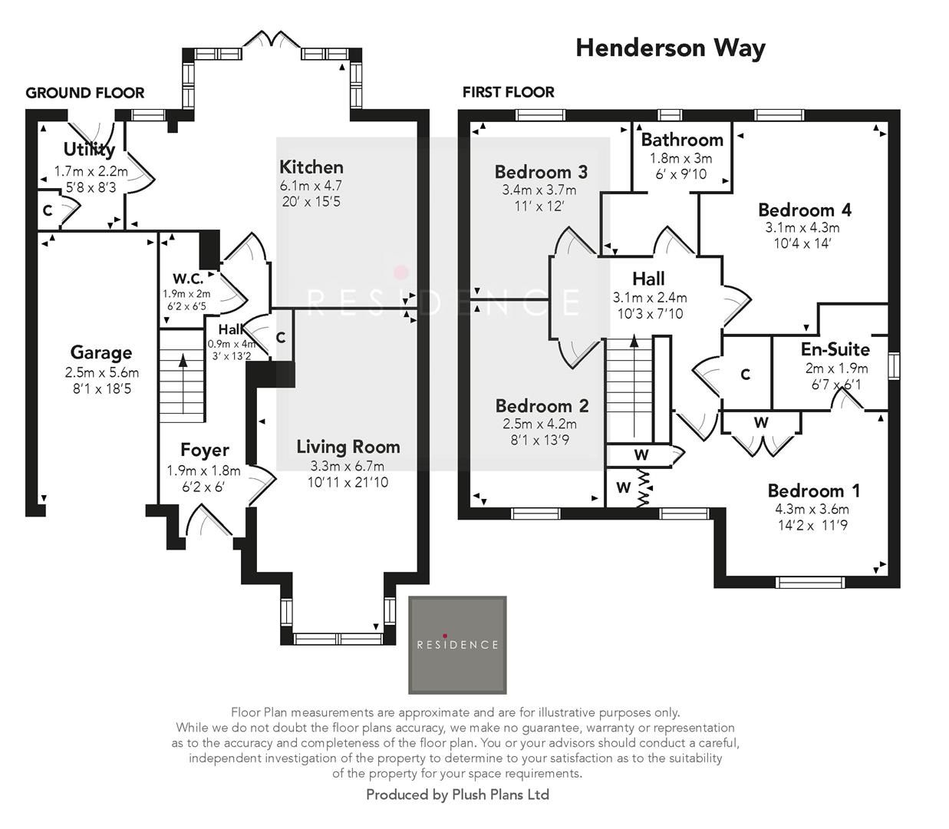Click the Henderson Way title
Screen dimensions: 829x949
[x=670, y=48]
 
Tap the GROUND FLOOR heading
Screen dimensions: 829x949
[x=84, y=93]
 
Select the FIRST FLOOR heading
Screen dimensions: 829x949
[x=508, y=92]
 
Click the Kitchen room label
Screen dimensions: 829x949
[x=311, y=167]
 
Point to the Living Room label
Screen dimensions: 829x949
[x=348, y=447]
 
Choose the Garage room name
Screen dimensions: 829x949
[x=101, y=353]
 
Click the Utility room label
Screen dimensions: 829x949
[x=89, y=149]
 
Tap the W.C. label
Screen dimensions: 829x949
[x=187, y=278]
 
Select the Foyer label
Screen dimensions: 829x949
[x=204, y=451]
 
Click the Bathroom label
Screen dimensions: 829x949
[x=682, y=140]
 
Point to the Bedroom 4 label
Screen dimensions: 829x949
[x=804, y=210]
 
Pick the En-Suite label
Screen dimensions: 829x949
[x=835, y=350]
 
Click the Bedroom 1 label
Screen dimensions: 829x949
[x=813, y=491]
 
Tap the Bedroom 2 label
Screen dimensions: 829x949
[x=542, y=406]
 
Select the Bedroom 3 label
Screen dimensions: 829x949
[x=541, y=172]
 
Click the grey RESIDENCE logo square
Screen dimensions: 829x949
[x=457, y=645]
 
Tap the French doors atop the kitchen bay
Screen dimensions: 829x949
[x=271, y=40]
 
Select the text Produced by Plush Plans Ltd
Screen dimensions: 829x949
[x=457, y=794]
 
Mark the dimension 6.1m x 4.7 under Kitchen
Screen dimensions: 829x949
[x=311, y=186]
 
